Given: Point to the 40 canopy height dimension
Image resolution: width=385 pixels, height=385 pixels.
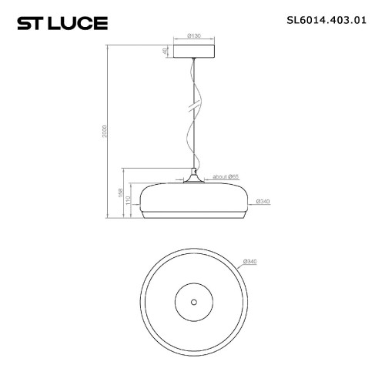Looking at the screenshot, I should tap(164, 52).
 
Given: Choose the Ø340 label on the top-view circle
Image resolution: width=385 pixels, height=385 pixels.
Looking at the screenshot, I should tap(250, 262).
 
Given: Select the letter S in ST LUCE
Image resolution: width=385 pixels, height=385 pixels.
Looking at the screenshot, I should tap(23, 22).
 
